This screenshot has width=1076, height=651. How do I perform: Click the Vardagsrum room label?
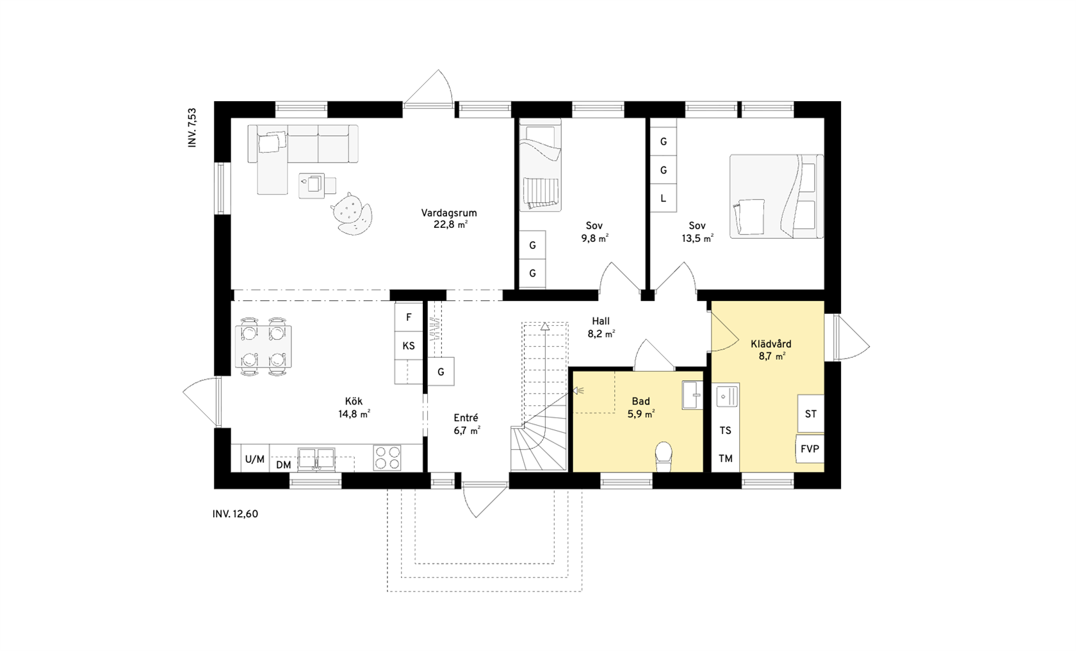449,213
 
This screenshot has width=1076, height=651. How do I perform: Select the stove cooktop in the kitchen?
387,458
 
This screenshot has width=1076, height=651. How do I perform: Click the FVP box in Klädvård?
810,449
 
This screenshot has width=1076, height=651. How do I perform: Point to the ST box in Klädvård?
811,414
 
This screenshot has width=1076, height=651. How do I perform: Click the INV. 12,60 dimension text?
236,514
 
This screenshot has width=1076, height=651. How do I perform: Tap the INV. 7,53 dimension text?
192,128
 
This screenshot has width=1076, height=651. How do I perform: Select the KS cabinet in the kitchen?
409,346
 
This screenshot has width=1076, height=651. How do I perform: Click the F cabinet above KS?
409,317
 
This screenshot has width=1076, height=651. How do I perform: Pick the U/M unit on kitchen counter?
255,459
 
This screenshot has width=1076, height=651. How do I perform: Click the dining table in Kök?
263,346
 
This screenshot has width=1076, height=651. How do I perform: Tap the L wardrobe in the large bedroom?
664,198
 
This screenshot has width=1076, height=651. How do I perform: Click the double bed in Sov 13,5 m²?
776,197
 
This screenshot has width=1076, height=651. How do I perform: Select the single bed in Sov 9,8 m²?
540,165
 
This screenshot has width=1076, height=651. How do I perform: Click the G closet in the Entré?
441,371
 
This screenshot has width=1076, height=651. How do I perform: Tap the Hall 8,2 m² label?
601,328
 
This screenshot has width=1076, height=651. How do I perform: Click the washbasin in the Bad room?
692,395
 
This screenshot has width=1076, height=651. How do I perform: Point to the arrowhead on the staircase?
544,326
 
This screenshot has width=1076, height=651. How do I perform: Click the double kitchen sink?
316,458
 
